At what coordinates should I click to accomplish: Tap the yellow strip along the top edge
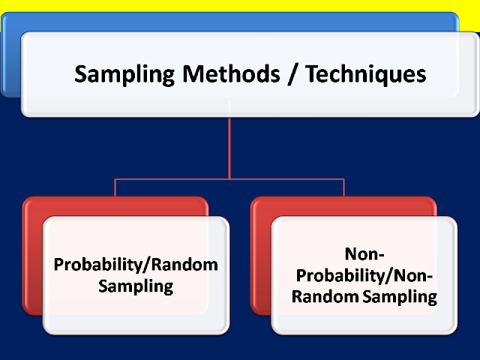point(240,5)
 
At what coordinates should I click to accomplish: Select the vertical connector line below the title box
point(229,146)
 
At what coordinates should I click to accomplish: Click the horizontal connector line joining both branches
point(172,179)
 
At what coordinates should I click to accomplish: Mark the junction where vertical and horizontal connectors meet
point(229,179)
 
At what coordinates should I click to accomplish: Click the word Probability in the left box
point(90,265)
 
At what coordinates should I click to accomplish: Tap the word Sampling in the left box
point(136,286)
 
